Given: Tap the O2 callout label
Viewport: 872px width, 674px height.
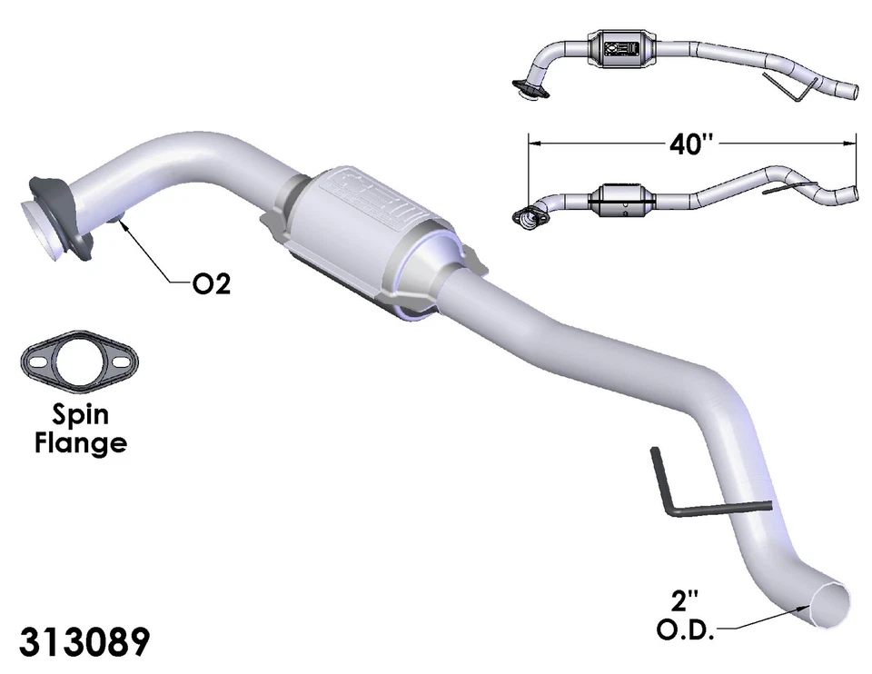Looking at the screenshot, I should pos(211,284).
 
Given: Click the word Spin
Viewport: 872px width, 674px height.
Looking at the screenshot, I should pos(80,414).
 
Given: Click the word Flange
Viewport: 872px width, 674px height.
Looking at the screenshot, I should pos(80,443).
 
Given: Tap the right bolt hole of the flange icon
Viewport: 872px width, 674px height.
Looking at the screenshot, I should pos(121,363).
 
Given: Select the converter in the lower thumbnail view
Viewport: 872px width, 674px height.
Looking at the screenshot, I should pos(622,198).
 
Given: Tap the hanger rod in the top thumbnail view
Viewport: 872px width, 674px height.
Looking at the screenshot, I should pos(787,88).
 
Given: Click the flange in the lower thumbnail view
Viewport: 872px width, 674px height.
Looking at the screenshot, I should pos(528,216).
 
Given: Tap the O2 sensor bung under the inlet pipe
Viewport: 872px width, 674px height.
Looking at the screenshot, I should pos(116,217).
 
